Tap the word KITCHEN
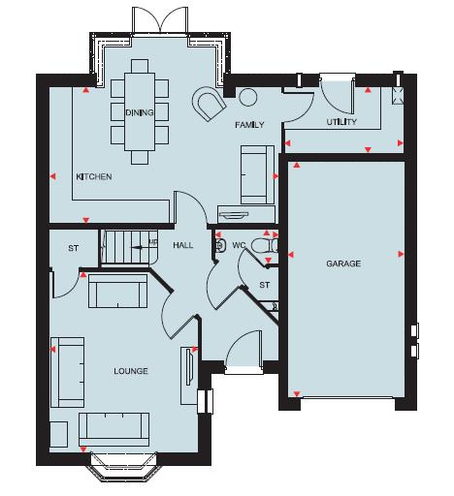(x=94, y=177)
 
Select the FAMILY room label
(x=249, y=126)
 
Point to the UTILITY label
(x=341, y=122)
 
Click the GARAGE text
(x=342, y=263)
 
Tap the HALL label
(x=182, y=246)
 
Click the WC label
(x=239, y=246)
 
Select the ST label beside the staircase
(x=72, y=249)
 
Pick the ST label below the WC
(x=263, y=285)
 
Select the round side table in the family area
(x=247, y=97)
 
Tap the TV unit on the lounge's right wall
(x=185, y=371)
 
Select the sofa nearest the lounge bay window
(x=113, y=426)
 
